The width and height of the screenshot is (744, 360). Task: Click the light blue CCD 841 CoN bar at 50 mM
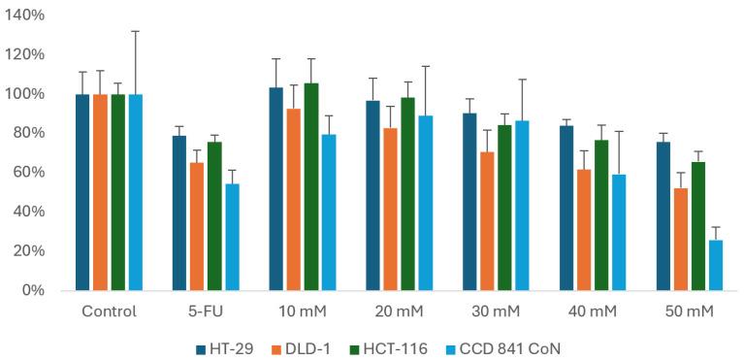(716, 265)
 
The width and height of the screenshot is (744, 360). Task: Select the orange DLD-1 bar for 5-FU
(197, 226)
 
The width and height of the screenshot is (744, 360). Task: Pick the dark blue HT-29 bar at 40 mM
(566, 208)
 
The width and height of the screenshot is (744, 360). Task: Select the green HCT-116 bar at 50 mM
(698, 226)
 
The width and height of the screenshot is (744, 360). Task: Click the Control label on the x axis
(109, 311)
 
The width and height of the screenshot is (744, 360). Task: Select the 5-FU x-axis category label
(206, 311)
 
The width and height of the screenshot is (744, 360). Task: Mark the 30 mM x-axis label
(496, 311)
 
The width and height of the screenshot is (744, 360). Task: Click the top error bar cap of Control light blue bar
(135, 31)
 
